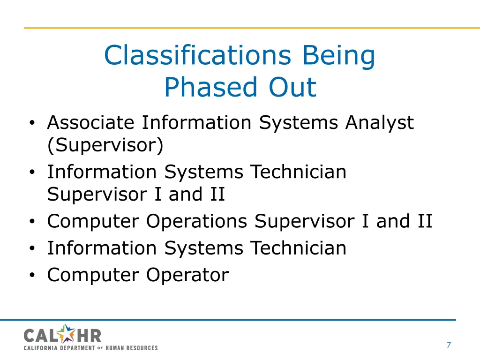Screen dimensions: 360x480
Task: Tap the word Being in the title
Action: tap(338, 55)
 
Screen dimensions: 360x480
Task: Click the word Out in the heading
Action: tap(292, 87)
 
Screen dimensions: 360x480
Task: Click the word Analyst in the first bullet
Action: tap(379, 123)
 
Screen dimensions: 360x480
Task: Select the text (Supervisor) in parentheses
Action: tap(105, 146)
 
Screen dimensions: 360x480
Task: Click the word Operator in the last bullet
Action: tap(187, 275)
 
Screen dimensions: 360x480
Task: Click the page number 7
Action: tap(449, 345)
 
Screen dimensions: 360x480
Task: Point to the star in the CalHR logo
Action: tap(67, 334)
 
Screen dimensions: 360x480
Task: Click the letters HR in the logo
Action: tap(88, 335)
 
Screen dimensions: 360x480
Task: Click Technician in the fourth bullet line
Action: tap(298, 248)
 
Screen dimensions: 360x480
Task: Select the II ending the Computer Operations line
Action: tap(424, 221)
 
